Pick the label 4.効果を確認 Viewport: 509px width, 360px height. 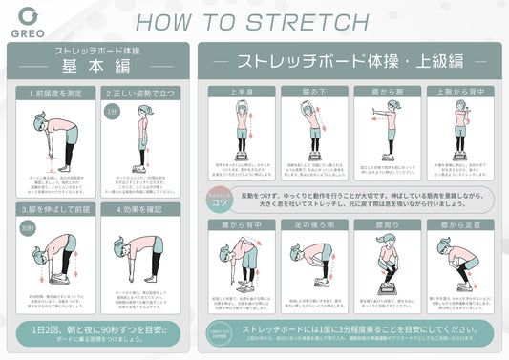coord(140,208)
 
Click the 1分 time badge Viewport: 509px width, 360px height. coord(113,111)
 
